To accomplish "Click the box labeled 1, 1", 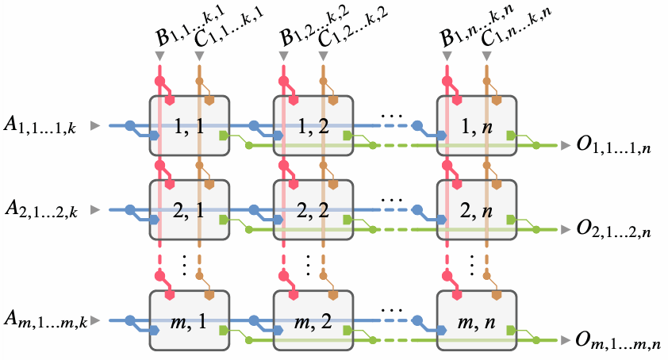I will [x=189, y=126].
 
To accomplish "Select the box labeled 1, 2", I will [x=313, y=126].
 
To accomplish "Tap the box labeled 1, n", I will [x=476, y=126].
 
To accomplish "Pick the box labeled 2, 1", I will [x=189, y=210].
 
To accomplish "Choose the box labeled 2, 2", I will [x=313, y=210].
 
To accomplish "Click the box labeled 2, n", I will [x=476, y=210].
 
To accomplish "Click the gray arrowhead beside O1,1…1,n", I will [x=564, y=145].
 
